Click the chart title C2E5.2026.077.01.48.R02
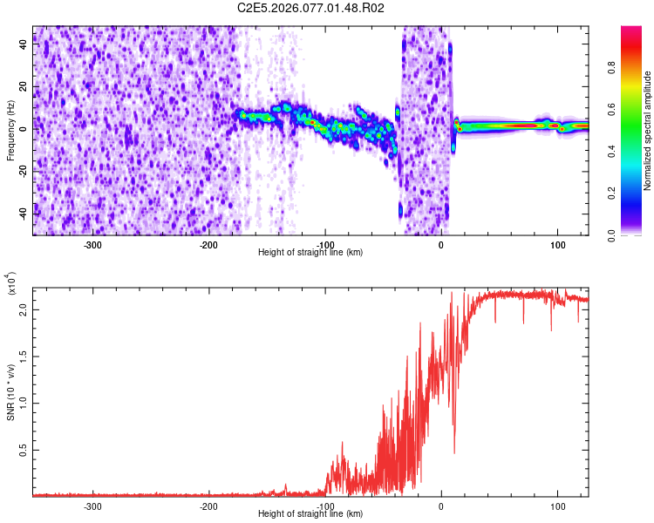pos(311,8)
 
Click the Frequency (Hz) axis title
pos(10,128)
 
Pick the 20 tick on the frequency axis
pos(24,86)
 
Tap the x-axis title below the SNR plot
pos(310,514)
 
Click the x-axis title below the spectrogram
pos(310,253)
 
